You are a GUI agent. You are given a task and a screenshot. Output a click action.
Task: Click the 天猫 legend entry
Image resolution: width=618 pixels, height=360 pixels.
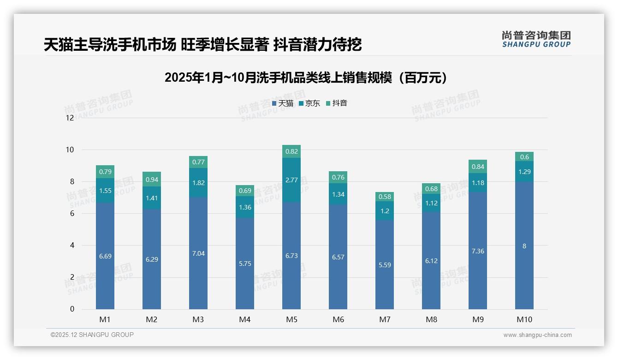click(x=283, y=103)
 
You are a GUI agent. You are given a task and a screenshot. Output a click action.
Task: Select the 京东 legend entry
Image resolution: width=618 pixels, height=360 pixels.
click(x=309, y=103)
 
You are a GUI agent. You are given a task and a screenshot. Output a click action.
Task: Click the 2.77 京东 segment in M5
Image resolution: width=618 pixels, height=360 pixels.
click(x=291, y=180)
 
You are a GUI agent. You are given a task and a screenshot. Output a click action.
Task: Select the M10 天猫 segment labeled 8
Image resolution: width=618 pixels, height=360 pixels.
click(x=524, y=246)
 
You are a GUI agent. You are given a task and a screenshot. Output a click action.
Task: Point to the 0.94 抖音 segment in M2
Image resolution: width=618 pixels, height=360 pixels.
click(x=152, y=179)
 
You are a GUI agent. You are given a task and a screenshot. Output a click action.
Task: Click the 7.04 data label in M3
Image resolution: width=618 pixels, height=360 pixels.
click(x=198, y=253)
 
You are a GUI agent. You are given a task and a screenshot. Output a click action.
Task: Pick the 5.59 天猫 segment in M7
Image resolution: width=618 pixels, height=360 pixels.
click(x=385, y=265)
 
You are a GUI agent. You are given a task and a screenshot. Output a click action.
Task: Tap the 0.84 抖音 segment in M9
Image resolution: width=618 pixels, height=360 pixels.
click(x=478, y=167)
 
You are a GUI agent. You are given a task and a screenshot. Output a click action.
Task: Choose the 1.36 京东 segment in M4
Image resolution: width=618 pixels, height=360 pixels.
click(x=245, y=207)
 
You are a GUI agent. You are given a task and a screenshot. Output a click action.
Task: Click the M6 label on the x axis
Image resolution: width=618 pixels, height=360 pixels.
click(x=338, y=319)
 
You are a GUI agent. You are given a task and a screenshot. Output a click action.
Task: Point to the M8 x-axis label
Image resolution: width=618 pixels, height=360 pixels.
click(x=431, y=319)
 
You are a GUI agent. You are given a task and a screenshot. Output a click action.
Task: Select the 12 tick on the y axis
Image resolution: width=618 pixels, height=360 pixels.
click(x=70, y=118)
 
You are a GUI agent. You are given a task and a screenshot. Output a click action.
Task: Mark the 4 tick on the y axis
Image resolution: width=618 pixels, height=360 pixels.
click(x=72, y=245)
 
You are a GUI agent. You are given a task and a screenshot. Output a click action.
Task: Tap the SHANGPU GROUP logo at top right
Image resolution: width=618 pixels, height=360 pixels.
click(x=536, y=39)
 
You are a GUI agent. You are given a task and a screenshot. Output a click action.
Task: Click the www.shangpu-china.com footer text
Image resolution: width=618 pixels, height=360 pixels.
click(x=537, y=335)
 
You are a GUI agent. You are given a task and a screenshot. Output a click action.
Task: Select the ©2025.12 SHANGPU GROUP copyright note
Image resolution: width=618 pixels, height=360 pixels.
click(x=92, y=335)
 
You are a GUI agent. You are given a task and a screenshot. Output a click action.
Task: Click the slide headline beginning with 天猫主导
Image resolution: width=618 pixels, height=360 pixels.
click(x=203, y=45)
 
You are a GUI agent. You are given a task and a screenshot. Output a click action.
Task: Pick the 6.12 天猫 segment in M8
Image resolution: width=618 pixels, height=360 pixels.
click(x=431, y=261)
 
